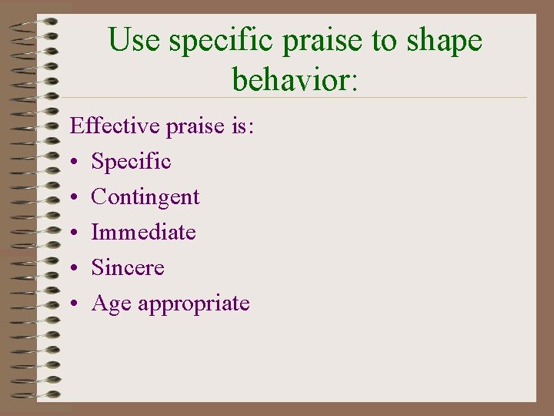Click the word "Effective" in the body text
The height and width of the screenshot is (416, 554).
[x=112, y=126]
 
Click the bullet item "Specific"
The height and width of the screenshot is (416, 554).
[x=131, y=162]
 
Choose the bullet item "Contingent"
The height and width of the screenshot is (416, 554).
[x=145, y=197]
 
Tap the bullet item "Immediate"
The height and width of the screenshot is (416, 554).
[x=143, y=232]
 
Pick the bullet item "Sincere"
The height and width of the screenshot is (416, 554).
[x=128, y=267]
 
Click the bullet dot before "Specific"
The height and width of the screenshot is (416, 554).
[x=74, y=163]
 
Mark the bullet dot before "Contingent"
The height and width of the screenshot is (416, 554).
[x=74, y=198]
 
